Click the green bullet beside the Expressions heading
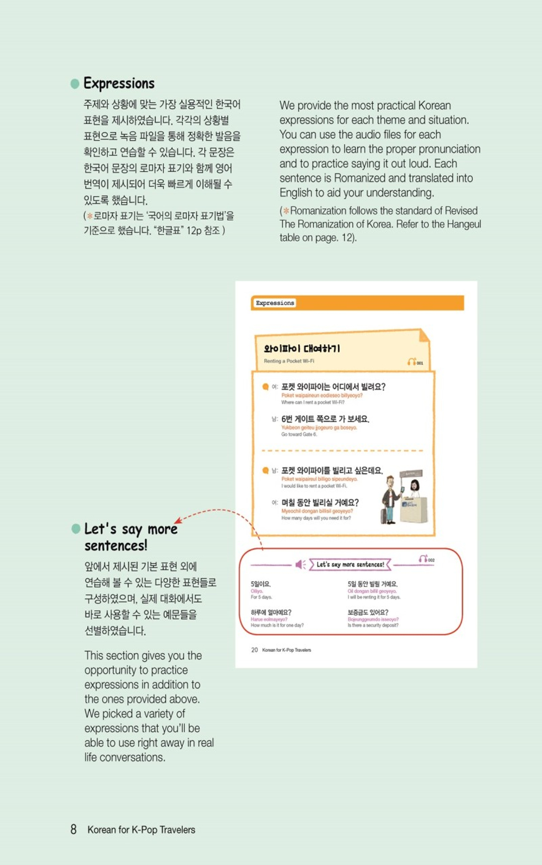75,83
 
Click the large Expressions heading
119,83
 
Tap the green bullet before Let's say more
76,528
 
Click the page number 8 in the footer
73,829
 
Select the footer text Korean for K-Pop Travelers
141,830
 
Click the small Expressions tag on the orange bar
275,303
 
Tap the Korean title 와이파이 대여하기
302,348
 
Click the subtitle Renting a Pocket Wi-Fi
289,361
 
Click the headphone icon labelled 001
412,362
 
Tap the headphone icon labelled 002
423,558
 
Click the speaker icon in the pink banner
300,565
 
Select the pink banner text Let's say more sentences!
350,565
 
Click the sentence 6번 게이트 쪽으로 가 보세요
325,419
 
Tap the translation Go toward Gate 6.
299,434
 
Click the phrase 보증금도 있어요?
367,612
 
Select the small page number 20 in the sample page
254,650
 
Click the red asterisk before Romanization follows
286,211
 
